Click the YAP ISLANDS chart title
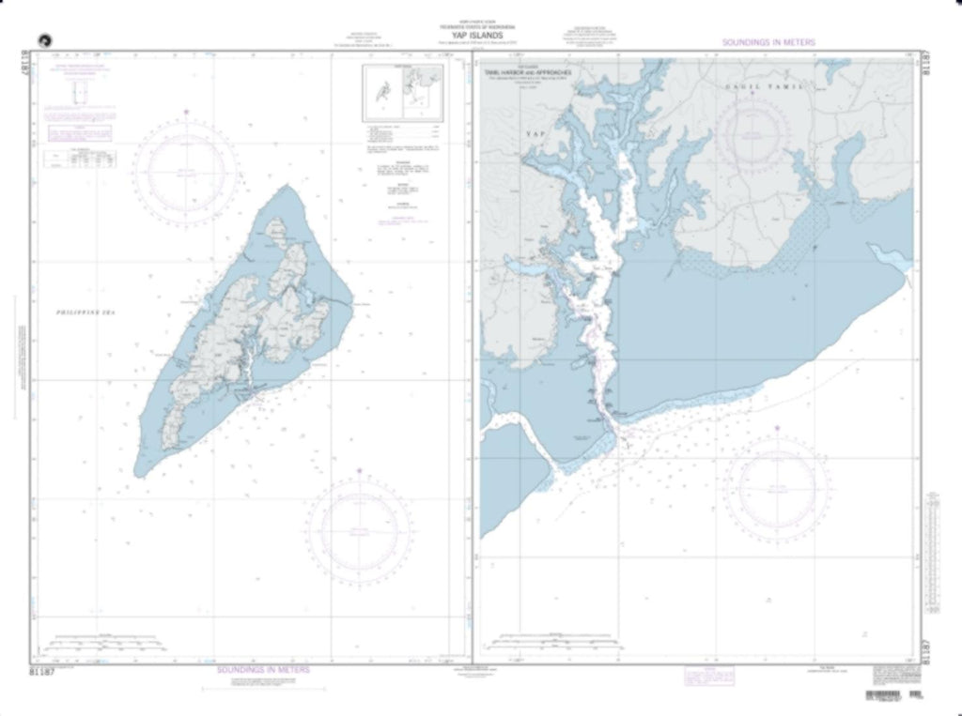(x=481, y=38)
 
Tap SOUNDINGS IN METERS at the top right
(x=768, y=43)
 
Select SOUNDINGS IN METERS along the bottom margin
(x=263, y=670)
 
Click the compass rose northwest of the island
(x=186, y=171)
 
